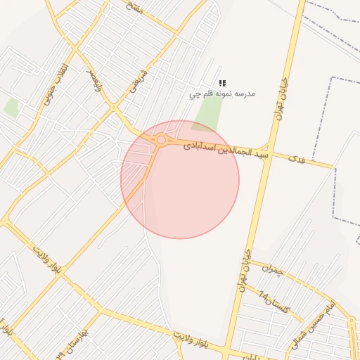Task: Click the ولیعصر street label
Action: click(94, 81)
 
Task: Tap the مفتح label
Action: click(134, 8)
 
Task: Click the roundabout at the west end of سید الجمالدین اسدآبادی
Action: click(161, 140)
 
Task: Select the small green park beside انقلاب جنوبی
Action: click(11, 107)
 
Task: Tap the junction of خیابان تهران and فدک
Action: click(269, 148)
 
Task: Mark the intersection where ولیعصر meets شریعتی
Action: click(112, 107)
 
